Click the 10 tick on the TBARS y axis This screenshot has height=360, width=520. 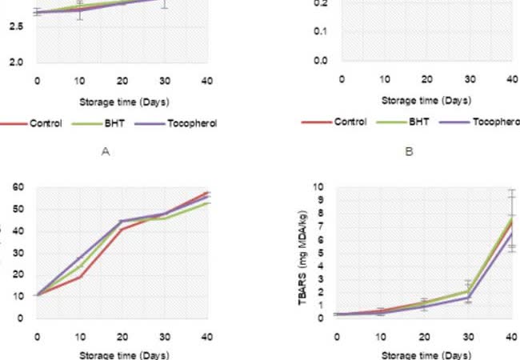tap(319, 187)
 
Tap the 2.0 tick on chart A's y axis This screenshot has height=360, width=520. tap(16, 62)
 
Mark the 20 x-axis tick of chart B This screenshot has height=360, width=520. tap(426, 79)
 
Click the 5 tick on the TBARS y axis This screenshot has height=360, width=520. tap(321, 253)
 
